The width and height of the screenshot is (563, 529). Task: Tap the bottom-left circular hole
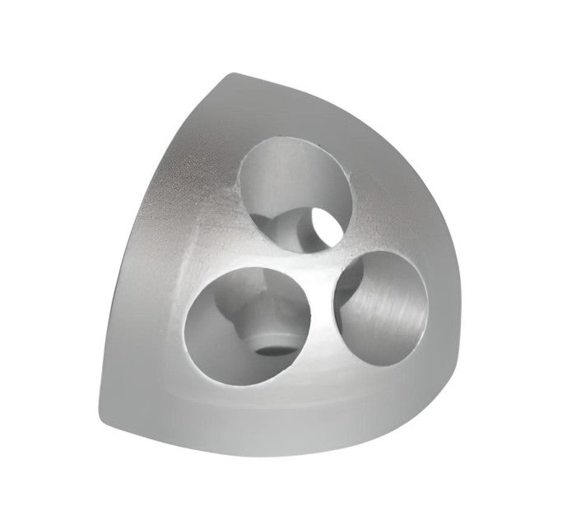pos(248,323)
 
